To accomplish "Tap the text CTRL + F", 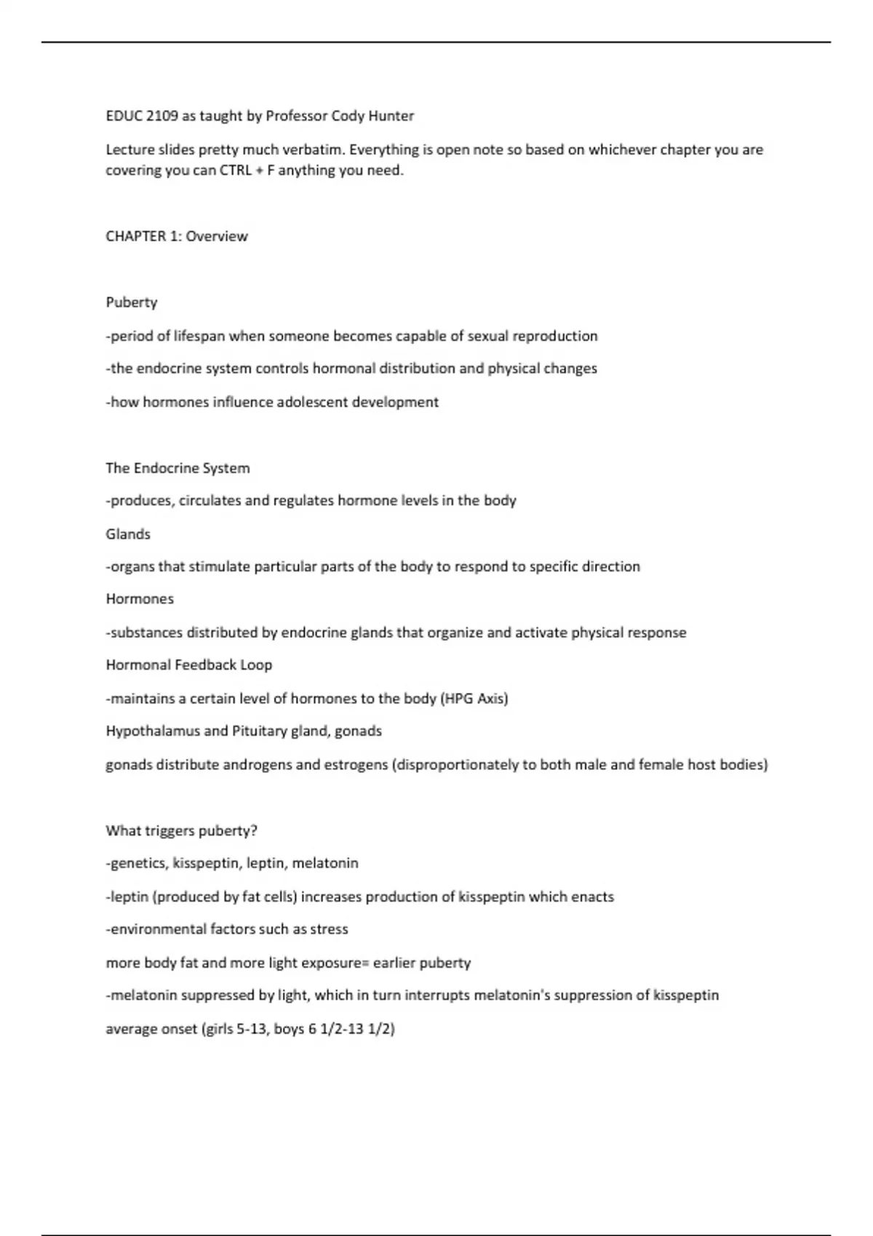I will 242,171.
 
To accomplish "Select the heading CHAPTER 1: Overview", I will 177,236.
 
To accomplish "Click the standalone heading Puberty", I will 132,302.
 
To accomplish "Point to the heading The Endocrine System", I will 178,468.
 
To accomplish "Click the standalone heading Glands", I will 128,534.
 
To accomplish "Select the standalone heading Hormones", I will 140,599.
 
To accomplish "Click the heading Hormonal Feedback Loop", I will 189,665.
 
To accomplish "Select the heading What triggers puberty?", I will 182,831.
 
